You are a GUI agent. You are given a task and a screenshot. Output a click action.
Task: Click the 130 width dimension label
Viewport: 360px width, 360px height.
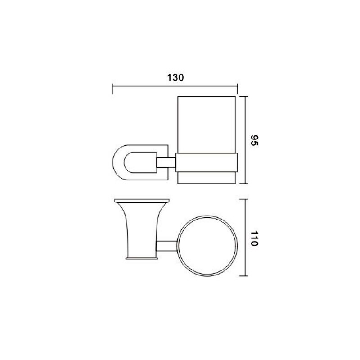pos(175,77)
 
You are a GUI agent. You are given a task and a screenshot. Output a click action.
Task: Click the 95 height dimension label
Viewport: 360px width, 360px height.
pos(254,140)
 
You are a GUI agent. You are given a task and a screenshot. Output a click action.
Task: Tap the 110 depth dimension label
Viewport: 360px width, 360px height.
pos(254,238)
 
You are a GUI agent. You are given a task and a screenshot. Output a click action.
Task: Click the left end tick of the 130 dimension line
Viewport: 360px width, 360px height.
pos(113,89)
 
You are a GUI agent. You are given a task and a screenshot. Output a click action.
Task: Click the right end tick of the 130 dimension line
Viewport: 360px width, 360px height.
pos(238,89)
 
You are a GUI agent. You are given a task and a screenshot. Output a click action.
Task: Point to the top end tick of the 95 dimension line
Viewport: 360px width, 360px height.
pos(244,96)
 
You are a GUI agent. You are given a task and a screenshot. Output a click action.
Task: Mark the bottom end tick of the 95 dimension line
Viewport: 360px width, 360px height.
pos(244,184)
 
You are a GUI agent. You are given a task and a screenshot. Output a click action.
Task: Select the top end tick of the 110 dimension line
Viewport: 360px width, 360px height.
pos(244,199)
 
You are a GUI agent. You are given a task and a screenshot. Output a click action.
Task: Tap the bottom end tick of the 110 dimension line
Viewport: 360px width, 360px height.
pos(244,276)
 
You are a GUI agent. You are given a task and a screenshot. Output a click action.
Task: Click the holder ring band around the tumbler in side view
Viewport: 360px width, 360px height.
pos(207,162)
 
